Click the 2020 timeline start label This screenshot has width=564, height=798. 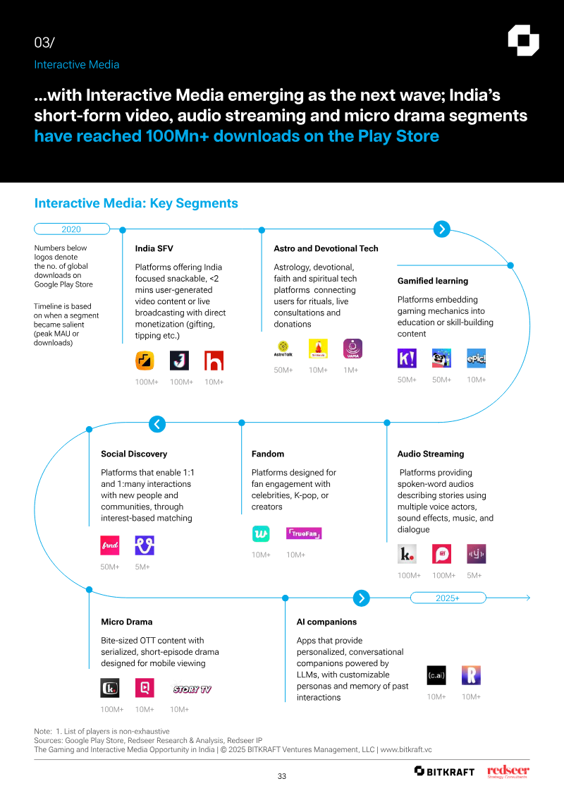point(71,229)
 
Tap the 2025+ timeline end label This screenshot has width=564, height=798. point(448,598)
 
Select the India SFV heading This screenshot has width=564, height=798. point(154,248)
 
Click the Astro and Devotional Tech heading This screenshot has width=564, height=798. point(326,248)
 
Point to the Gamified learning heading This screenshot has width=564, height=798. point(433,281)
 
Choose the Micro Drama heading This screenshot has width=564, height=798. point(127,622)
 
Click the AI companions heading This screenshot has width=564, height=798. point(326,622)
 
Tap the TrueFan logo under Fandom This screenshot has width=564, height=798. point(304,533)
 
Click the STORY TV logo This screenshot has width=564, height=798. point(192,689)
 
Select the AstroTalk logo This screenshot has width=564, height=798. point(283,349)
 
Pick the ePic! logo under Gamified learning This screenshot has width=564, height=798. point(477,358)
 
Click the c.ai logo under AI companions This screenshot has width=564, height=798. point(436,675)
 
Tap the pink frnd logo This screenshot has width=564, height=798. point(110,545)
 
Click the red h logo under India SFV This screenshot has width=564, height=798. point(214,361)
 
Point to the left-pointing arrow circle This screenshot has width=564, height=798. point(157,424)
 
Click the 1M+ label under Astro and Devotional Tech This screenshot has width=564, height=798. point(351,370)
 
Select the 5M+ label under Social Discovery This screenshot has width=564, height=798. point(142,567)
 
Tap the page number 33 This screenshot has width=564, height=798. point(282,776)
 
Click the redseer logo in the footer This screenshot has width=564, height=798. point(508,771)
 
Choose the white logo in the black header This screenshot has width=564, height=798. point(523,40)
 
